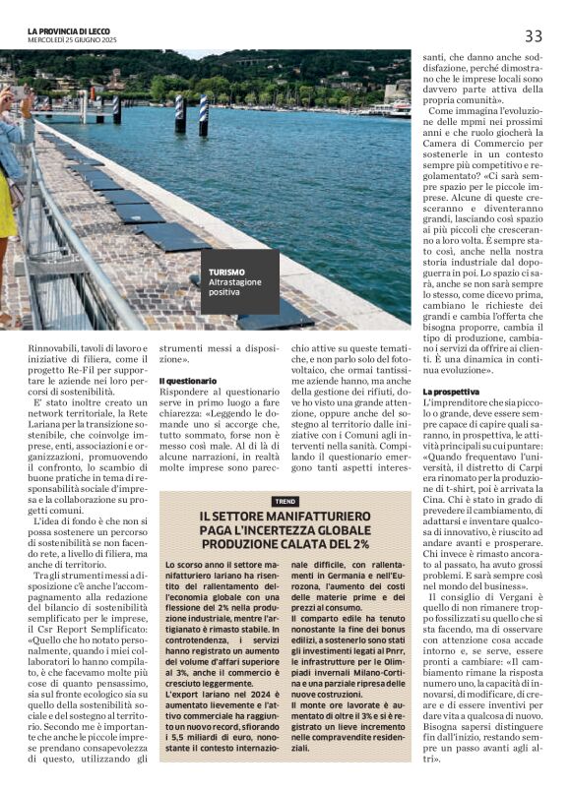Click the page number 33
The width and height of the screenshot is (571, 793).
[x=533, y=36]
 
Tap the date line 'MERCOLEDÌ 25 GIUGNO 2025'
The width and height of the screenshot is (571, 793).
[x=75, y=41]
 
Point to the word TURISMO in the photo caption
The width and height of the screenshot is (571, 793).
[x=226, y=272]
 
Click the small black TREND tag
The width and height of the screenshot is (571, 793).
[x=285, y=501]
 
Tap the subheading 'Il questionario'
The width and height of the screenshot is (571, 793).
[x=187, y=380]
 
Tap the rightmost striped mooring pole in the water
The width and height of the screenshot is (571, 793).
[x=204, y=115]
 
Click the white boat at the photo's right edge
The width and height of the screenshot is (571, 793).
[x=399, y=108]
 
